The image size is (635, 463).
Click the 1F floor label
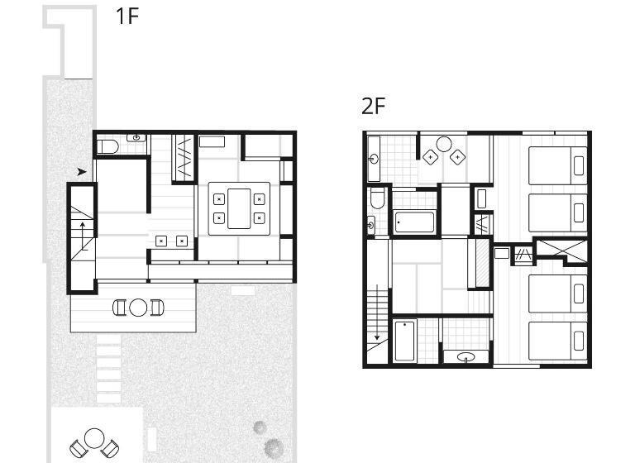tap(127, 17)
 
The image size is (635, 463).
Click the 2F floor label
tap(374, 106)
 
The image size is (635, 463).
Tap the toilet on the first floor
tap(107, 146)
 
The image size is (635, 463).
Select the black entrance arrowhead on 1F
tap(82, 172)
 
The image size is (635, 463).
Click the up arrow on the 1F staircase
tap(83, 236)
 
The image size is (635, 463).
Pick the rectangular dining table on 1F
tap(239, 208)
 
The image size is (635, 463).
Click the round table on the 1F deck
tap(138, 308)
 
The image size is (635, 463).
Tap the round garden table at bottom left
tap(94, 438)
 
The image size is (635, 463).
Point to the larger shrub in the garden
tap(274, 447)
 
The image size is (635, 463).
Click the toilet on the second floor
tap(377, 198)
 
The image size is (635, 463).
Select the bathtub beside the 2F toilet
tap(415, 222)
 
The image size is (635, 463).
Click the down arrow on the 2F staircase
tap(377, 312)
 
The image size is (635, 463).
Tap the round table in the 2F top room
tap(444, 144)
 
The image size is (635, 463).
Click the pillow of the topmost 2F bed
tap(579, 165)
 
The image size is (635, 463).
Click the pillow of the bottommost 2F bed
tap(579, 341)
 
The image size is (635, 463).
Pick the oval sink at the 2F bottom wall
tap(466, 357)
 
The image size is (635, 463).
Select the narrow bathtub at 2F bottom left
tap(405, 341)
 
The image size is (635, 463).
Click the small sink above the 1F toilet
tap(136, 138)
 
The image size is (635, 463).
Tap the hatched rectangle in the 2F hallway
tap(482, 263)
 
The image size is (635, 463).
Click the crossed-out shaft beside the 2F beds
tap(561, 251)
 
